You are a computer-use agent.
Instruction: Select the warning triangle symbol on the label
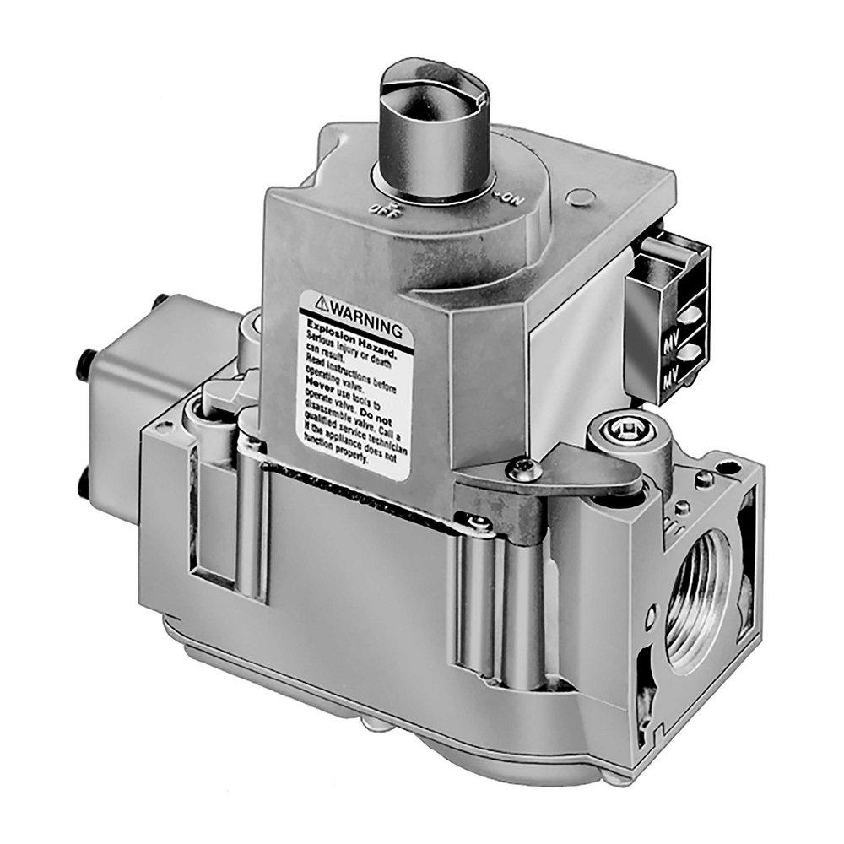322,301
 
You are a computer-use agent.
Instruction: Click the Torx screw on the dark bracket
520,464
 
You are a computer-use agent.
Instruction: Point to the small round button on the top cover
578,199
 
